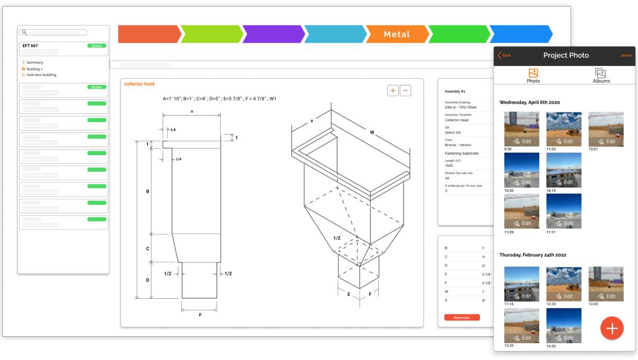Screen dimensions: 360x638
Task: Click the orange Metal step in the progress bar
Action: (397, 34)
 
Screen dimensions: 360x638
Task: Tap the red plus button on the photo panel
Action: (612, 328)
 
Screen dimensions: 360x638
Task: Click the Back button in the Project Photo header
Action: (504, 55)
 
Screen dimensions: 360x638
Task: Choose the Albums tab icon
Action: (601, 73)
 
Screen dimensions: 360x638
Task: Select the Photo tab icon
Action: (533, 73)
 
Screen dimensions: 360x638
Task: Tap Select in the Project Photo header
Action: (626, 55)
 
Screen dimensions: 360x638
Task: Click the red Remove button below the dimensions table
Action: (462, 317)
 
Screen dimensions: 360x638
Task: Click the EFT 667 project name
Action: (31, 46)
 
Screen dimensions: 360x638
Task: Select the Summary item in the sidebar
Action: (35, 62)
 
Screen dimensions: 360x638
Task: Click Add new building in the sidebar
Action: (41, 75)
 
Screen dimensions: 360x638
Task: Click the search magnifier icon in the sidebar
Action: (24, 33)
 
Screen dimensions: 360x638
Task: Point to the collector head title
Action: (139, 84)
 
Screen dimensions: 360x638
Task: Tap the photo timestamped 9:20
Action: (521, 129)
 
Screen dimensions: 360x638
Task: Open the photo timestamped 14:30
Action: (564, 326)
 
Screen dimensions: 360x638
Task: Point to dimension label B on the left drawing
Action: (148, 192)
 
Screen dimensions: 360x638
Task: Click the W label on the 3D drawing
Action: (372, 132)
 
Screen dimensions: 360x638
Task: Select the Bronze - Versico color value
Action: (458, 145)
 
